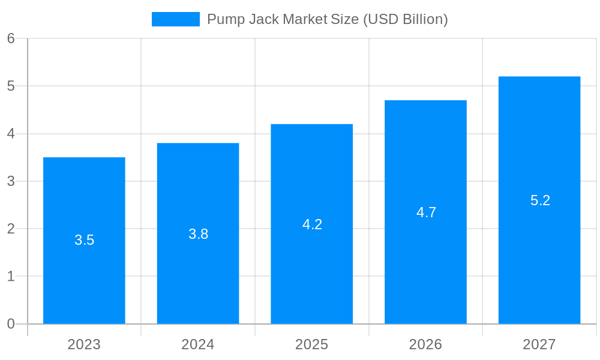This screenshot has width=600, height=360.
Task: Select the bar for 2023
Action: point(84,270)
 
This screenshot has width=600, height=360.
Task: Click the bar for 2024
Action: point(198,270)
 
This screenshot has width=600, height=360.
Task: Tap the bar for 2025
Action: point(311,270)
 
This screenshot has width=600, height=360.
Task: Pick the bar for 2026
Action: point(425,270)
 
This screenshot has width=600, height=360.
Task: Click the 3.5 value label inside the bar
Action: point(84,240)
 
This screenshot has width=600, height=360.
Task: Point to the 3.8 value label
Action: point(198,234)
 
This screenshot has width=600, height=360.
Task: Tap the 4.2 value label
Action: point(312,224)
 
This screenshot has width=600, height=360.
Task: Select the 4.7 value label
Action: point(426,212)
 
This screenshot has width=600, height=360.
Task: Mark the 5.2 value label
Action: point(540,200)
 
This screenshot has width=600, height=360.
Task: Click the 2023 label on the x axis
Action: point(84,344)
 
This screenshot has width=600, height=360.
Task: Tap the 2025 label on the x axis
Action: point(311,344)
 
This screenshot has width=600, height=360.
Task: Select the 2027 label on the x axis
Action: point(539,344)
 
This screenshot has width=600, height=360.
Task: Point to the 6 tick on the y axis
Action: point(11,38)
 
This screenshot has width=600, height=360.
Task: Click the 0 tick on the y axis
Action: point(11,324)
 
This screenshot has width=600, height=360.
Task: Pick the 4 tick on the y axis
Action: point(11,134)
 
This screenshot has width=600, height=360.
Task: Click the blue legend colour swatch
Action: point(175,19)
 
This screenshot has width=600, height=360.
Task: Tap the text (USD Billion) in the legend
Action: point(405,19)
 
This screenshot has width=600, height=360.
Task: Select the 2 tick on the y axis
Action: point(11,229)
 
